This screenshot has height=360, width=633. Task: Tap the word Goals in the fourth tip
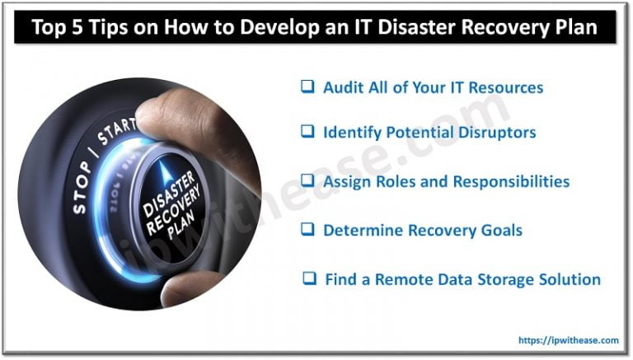[x=499, y=230]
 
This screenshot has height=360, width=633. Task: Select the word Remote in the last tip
[x=401, y=279]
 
